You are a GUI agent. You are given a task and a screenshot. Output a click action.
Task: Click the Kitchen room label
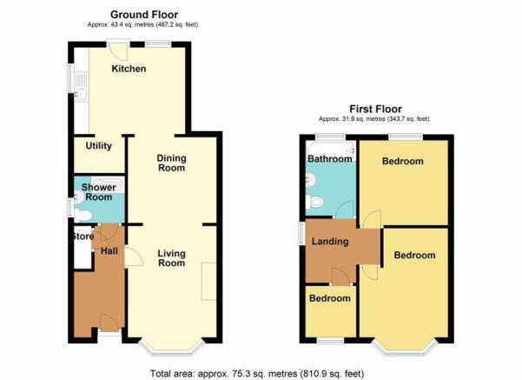(x=129, y=69)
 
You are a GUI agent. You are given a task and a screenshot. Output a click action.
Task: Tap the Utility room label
(x=98, y=146)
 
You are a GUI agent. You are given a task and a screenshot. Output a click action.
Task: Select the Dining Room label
(x=171, y=163)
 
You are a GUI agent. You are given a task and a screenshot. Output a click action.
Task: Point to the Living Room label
(x=171, y=258)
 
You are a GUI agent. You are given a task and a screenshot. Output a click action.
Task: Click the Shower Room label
(x=98, y=192)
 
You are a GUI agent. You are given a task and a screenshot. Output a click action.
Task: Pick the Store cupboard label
(x=83, y=237)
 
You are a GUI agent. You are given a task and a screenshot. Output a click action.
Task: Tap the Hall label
(x=109, y=251)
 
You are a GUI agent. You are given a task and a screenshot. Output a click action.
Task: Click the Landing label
(x=330, y=242)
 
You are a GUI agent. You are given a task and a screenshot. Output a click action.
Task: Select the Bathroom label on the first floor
(x=329, y=158)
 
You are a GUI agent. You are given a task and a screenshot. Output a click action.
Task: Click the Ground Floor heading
(x=144, y=15)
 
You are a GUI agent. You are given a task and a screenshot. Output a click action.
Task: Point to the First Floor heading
(x=375, y=109)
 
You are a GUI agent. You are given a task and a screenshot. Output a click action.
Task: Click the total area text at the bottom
(x=257, y=374)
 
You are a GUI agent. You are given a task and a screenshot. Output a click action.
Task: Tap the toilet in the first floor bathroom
(x=314, y=202)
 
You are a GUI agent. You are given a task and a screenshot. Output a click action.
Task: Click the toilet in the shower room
(x=83, y=216)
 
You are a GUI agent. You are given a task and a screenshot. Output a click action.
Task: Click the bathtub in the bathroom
(x=331, y=149)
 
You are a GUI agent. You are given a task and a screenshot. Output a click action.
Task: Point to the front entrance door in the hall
(x=109, y=321)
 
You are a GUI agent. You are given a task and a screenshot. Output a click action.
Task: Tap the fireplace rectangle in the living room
(x=208, y=282)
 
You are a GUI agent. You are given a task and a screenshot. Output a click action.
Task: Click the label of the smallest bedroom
(x=329, y=298)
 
